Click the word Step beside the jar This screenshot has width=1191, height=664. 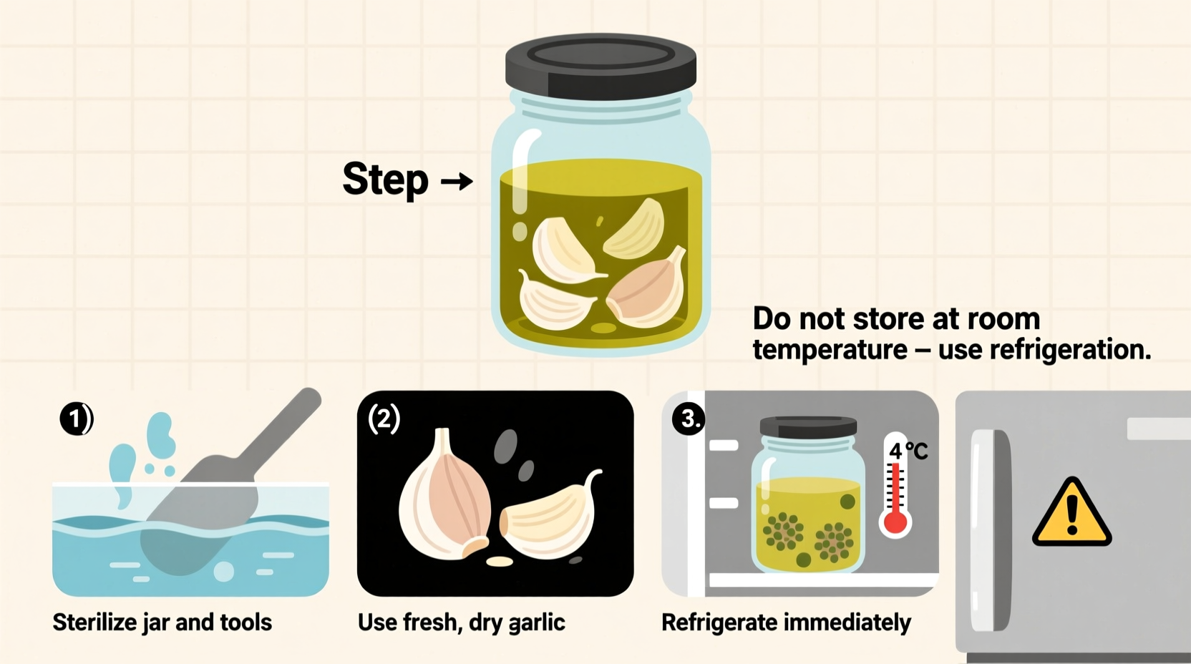click(x=385, y=179)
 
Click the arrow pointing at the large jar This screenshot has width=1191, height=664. click(x=457, y=181)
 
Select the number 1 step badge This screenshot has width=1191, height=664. click(x=75, y=419)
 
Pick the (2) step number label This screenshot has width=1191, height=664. click(x=384, y=419)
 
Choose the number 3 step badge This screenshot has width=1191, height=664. click(x=689, y=418)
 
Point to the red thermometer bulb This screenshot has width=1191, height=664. click(x=895, y=522)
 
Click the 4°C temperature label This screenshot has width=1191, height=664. click(x=908, y=451)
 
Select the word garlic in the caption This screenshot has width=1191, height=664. click(x=537, y=623)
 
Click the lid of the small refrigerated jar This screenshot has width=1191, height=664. click(x=808, y=427)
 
